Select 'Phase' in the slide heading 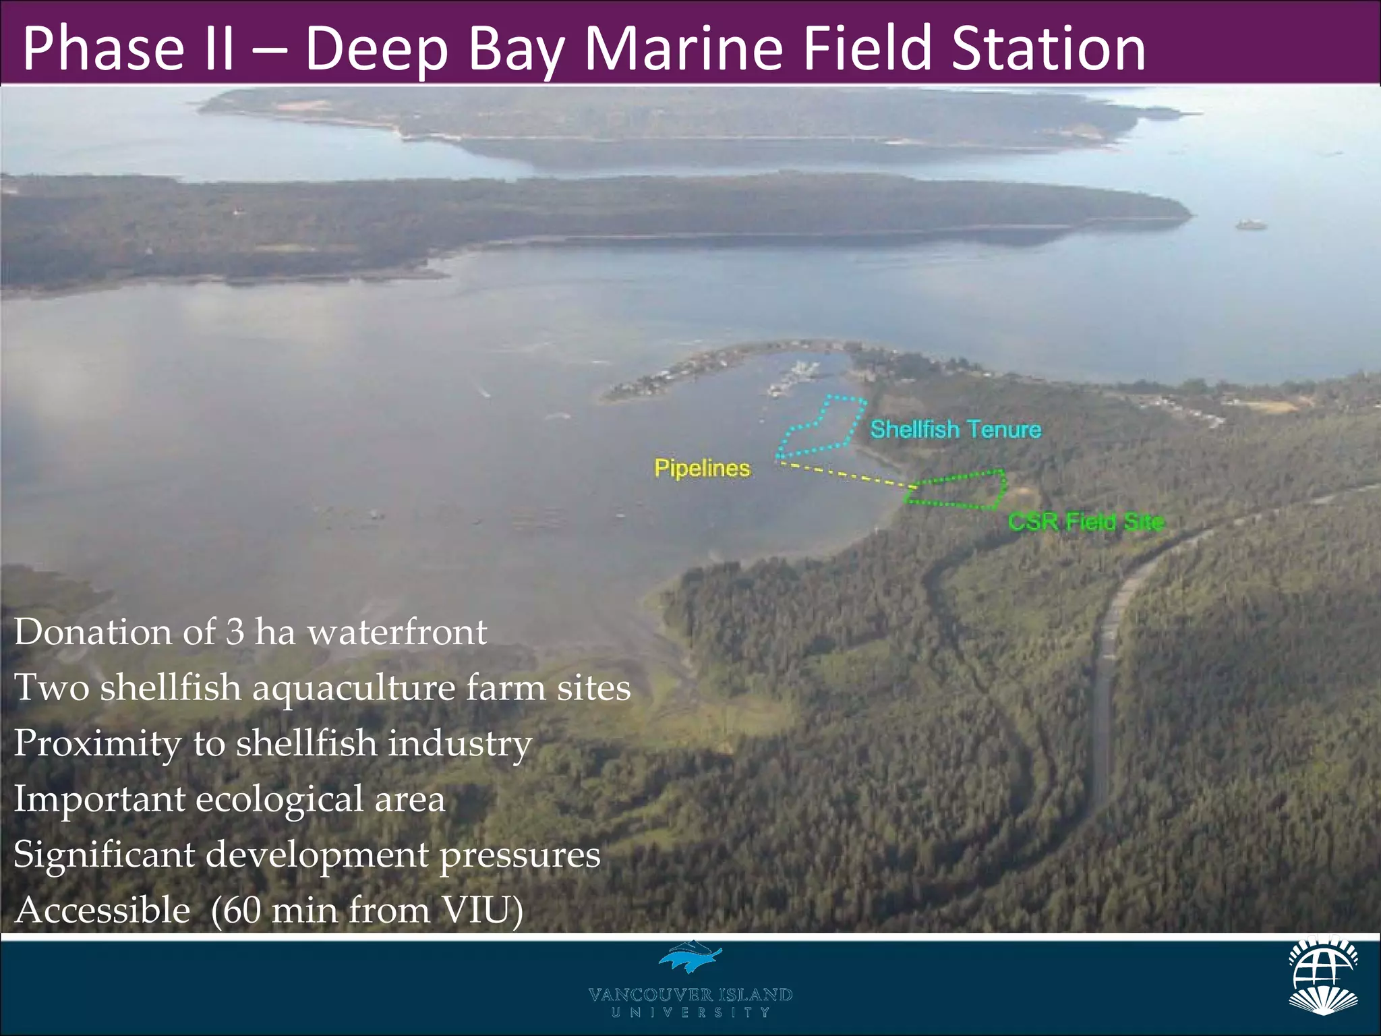tap(102, 49)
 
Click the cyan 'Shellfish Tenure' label tap(956, 430)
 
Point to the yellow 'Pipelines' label tap(702, 468)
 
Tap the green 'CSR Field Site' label tap(1086, 521)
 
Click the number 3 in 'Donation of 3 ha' tap(235, 632)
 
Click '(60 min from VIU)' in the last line tap(367, 910)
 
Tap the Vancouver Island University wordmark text tap(690, 1002)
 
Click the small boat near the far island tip tap(1251, 225)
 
